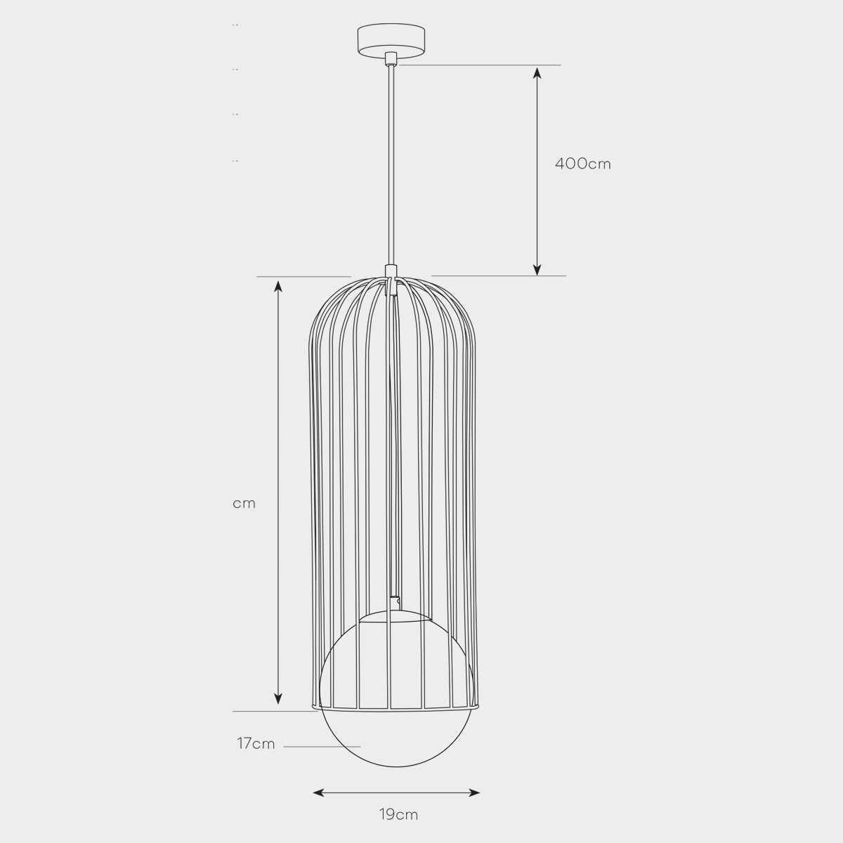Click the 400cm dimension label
coord(582,164)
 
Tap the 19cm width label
coord(398,815)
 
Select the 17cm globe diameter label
coord(256,743)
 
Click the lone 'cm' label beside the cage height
coord(244,504)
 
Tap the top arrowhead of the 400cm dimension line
coord(537,72)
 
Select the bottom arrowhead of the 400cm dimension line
coord(537,270)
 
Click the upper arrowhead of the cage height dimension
coord(278,287)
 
